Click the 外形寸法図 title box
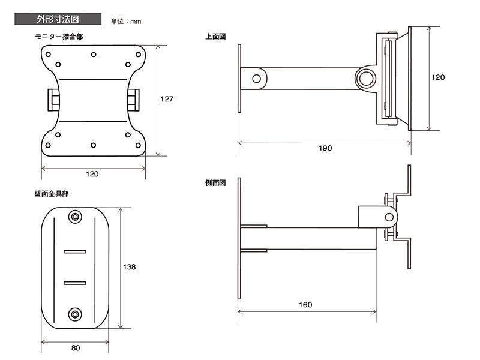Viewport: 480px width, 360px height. pyautogui.click(x=58, y=19)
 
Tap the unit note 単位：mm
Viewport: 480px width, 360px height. pyautogui.click(x=126, y=22)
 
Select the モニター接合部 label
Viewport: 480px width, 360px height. pyautogui.click(x=59, y=37)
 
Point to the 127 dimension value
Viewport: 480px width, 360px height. pyautogui.click(x=166, y=100)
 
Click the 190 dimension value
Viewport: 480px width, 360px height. pyautogui.click(x=325, y=148)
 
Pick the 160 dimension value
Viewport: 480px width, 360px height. pyautogui.click(x=305, y=305)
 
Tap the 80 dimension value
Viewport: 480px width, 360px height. pyautogui.click(x=75, y=348)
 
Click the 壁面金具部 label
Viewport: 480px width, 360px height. pyautogui.click(x=51, y=194)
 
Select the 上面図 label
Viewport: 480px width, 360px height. pyautogui.click(x=215, y=37)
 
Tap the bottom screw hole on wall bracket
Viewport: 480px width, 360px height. pyautogui.click(x=75, y=313)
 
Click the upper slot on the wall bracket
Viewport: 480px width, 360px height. pyautogui.click(x=76, y=251)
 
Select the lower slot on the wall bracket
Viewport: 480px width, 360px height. pyautogui.click(x=76, y=281)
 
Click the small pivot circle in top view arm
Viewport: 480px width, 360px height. pyautogui.click(x=257, y=78)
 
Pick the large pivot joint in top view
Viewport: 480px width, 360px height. pyautogui.click(x=365, y=78)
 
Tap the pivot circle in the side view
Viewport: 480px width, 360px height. pyautogui.click(x=389, y=215)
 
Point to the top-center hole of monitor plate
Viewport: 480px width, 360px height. pyautogui.click(x=94, y=55)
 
